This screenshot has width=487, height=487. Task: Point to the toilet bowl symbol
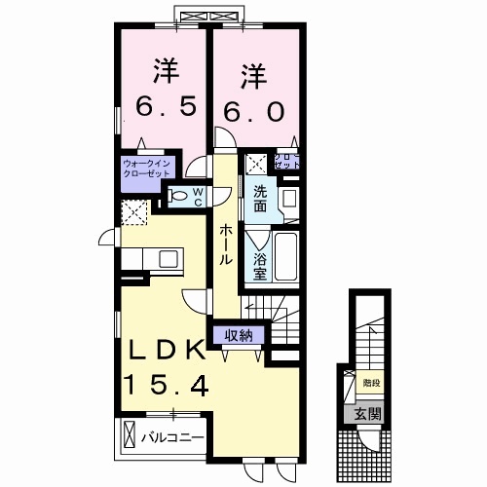[176, 197]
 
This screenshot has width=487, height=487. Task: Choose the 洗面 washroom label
[261, 198]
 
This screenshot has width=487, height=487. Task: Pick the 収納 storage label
[239, 335]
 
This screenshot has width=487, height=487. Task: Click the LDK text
[164, 351]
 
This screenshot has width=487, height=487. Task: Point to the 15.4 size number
[166, 387]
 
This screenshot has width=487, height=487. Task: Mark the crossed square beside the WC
[132, 211]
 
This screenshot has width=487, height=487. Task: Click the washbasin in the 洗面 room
[288, 199]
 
